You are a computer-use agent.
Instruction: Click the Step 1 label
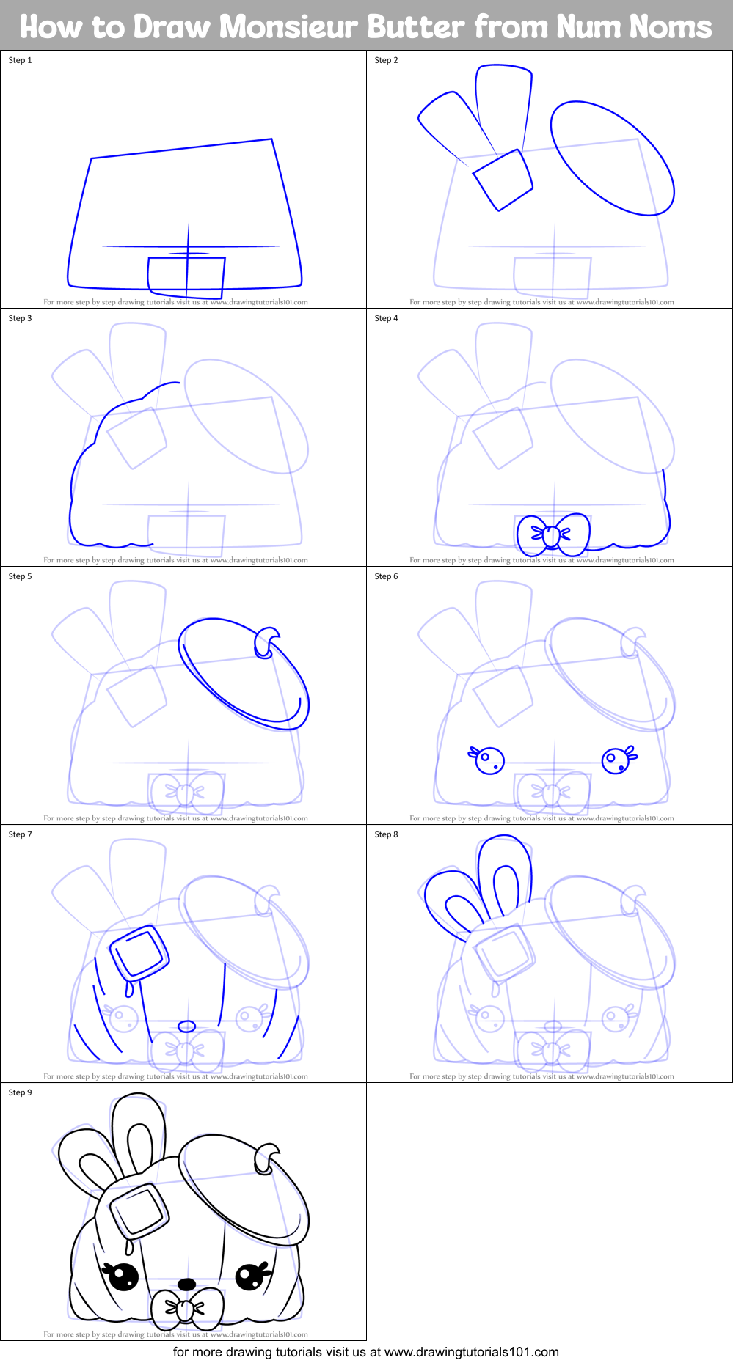[20, 60]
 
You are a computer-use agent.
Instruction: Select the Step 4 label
[386, 318]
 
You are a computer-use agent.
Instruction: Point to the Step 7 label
[20, 834]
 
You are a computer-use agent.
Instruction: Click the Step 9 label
[20, 1092]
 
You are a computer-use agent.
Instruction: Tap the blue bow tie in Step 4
[553, 534]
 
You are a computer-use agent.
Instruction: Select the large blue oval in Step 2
[612, 158]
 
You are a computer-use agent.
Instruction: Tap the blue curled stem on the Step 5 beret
[266, 642]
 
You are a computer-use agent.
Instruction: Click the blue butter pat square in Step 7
[139, 953]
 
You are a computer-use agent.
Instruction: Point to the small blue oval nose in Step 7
[187, 1026]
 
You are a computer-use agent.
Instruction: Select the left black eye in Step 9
[123, 1276]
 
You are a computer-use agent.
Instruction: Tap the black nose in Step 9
[187, 1284]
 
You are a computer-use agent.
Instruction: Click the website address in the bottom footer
[471, 1352]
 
